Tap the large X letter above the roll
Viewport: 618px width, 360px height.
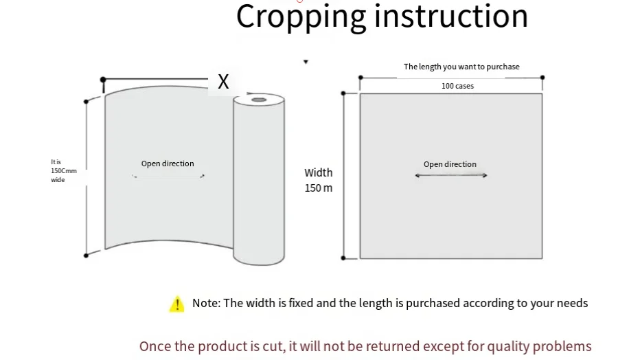223,82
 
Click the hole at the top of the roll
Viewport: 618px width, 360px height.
259,100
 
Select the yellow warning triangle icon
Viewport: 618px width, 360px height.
177,304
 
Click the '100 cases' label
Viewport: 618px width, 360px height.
457,86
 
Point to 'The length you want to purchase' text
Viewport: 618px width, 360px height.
461,67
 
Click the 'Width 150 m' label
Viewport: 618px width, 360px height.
319,180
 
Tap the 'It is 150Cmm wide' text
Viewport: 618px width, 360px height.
63,170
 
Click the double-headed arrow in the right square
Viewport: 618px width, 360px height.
450,175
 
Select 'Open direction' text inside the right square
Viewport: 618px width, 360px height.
450,164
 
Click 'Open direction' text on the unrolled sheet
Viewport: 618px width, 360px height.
168,164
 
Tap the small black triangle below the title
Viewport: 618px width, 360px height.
306,62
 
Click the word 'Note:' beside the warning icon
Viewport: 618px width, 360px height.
206,303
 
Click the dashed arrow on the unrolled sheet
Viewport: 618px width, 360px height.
168,176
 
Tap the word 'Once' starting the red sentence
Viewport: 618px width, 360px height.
155,346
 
